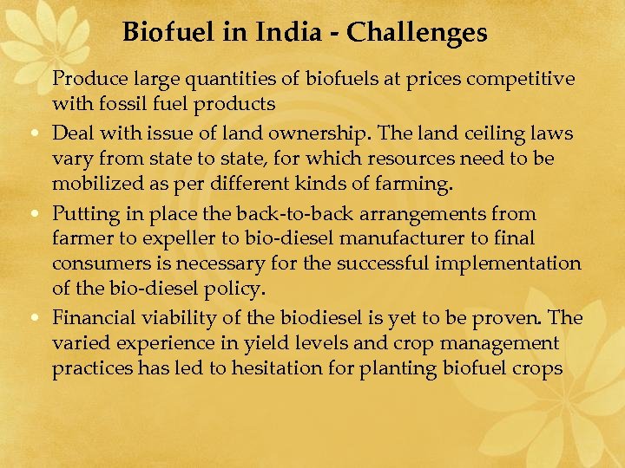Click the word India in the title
point(290,33)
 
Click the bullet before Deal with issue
point(40,134)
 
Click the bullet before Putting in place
point(40,214)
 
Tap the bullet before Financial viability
point(40,318)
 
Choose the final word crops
point(539,369)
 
